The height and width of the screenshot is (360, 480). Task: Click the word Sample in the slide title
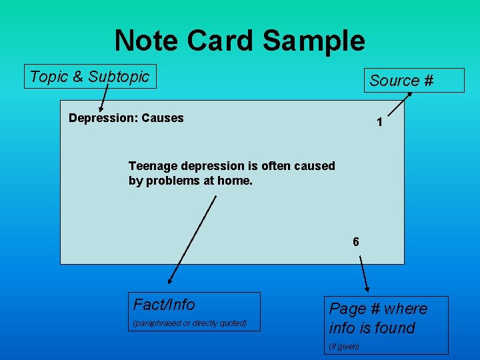314,40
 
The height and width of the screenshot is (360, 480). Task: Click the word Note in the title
147,40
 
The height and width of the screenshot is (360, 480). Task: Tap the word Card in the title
220,40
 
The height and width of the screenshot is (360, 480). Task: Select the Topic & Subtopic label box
89,77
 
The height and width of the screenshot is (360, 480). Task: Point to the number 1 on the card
379,123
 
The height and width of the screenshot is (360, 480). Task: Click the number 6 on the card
356,242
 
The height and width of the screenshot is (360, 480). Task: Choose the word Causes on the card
162,118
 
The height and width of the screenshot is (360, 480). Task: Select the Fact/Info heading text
164,305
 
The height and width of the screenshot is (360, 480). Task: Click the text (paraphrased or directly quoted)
190,323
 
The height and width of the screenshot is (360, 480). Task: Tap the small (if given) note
344,346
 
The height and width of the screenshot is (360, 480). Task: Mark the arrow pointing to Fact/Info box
192,240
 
